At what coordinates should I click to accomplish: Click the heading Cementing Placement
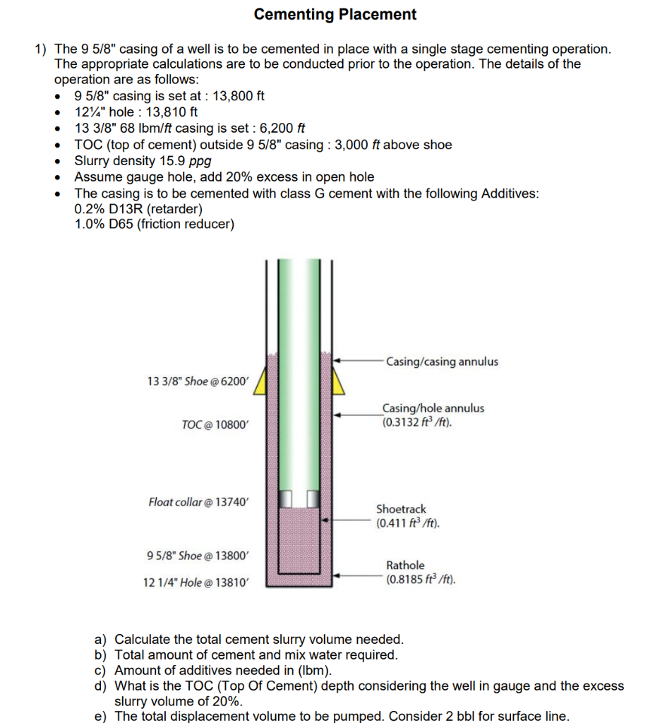(x=335, y=14)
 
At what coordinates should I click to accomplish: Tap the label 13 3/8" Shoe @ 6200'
(x=198, y=381)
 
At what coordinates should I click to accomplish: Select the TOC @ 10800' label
(x=215, y=424)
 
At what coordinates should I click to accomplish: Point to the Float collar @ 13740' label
(x=198, y=502)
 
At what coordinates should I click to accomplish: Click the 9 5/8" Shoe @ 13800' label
(x=198, y=555)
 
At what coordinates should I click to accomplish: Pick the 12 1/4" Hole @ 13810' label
(x=196, y=582)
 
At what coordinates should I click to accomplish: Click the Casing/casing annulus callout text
(x=442, y=361)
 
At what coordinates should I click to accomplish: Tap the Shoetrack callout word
(x=401, y=508)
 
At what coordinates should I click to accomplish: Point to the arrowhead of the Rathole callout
(x=337, y=575)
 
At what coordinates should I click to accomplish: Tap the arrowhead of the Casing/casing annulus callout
(x=337, y=360)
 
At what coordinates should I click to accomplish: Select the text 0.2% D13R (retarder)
(x=138, y=209)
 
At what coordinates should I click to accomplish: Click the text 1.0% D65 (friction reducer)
(x=154, y=225)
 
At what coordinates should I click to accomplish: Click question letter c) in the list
(x=100, y=670)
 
